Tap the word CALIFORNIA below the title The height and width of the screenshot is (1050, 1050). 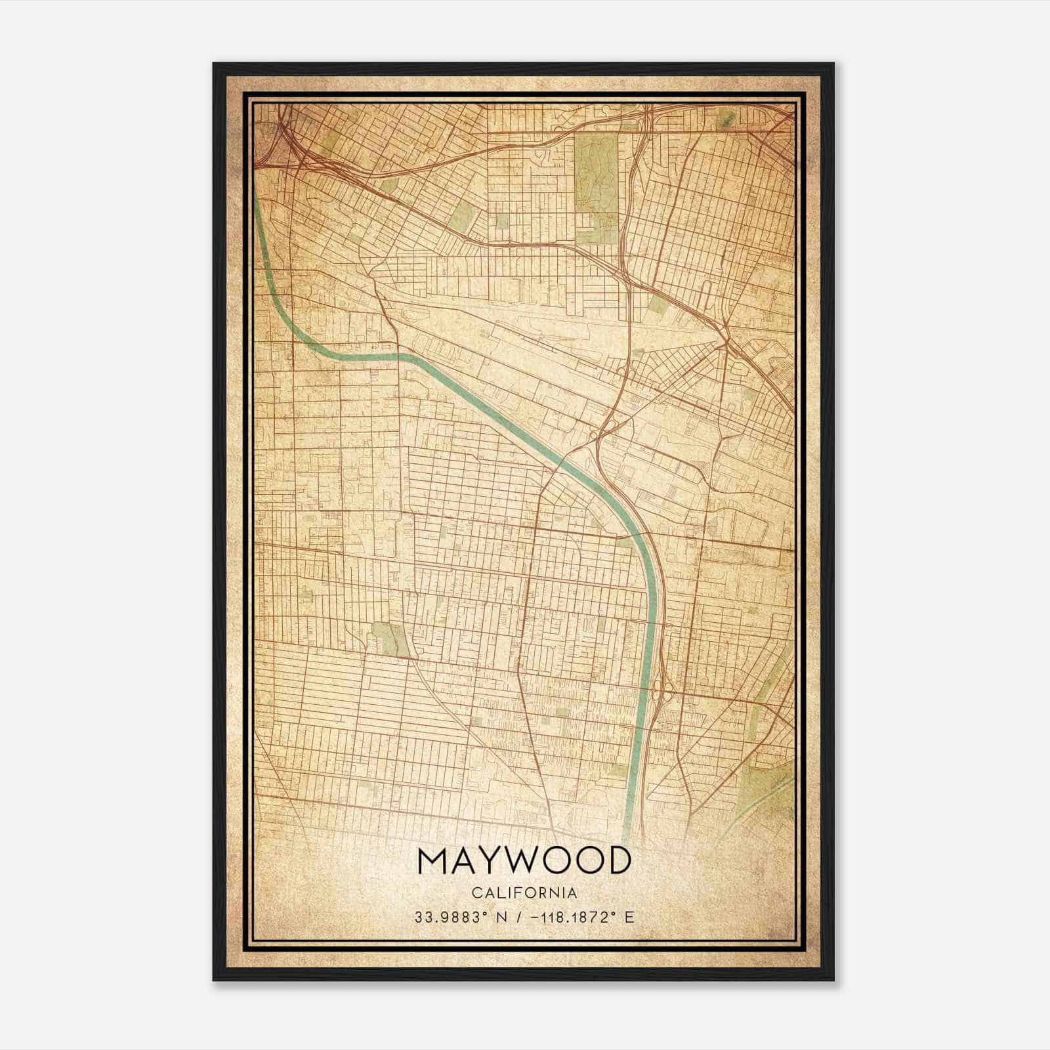tap(524, 893)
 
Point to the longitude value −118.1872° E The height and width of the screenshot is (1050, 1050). tap(577, 917)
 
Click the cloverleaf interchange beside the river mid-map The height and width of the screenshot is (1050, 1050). tap(602, 433)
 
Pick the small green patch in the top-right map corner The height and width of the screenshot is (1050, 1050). tap(726, 120)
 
